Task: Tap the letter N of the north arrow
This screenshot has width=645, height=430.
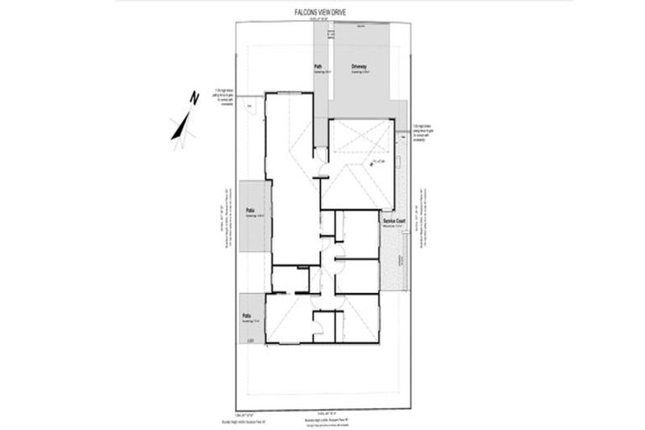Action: click(193, 97)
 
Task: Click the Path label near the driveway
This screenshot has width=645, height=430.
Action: click(319, 66)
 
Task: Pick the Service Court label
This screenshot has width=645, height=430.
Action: click(395, 221)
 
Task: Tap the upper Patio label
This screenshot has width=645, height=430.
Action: click(249, 211)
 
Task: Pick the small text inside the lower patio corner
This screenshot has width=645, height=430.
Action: click(250, 339)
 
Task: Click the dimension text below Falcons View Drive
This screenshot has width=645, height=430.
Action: click(322, 19)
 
